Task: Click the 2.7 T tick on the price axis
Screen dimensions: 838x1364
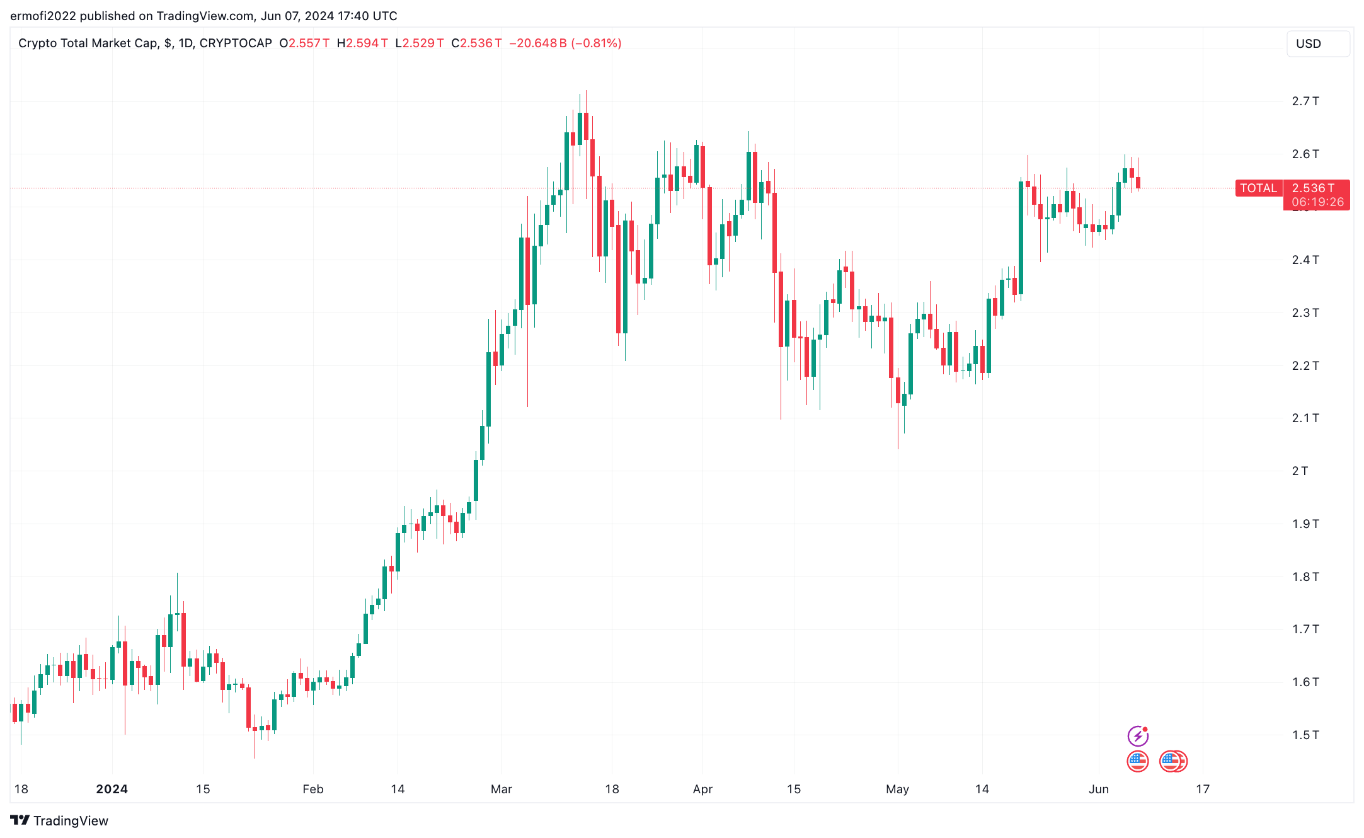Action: [x=1305, y=101]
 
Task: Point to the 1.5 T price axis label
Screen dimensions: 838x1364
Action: [x=1305, y=735]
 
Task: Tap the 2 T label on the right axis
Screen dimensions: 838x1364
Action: [x=1299, y=471]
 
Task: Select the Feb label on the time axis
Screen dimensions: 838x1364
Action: [x=312, y=789]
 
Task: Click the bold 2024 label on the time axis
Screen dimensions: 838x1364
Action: [x=112, y=789]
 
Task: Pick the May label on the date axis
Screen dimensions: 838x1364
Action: [x=897, y=789]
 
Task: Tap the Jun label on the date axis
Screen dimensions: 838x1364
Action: [x=1098, y=789]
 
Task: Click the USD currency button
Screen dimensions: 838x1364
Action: [x=1317, y=43]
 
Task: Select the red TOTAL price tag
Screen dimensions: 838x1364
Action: [x=1258, y=188]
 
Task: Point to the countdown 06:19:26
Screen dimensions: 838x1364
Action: [x=1317, y=202]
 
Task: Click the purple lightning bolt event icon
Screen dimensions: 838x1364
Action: [x=1137, y=736]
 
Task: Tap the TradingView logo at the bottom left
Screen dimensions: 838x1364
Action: [x=59, y=820]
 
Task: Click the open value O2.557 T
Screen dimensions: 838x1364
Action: [x=304, y=43]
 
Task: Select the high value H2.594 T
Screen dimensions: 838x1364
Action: [x=362, y=43]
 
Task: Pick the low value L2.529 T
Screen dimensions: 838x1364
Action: [x=420, y=43]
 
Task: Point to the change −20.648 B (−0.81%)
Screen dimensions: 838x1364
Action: [x=565, y=43]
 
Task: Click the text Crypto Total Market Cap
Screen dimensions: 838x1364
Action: [x=88, y=43]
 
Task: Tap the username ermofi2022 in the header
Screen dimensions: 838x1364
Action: [x=43, y=16]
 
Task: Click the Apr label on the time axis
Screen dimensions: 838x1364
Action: [x=702, y=789]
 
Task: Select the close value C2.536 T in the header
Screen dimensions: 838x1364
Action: [x=477, y=43]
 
